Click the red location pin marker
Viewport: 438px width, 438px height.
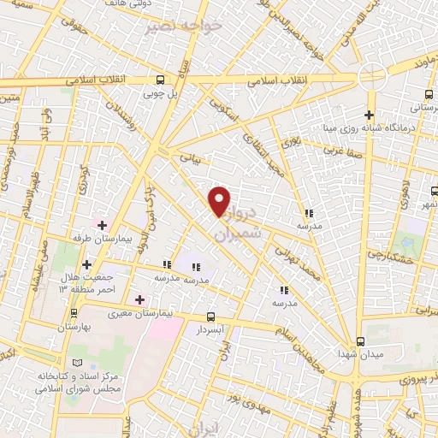click(220, 201)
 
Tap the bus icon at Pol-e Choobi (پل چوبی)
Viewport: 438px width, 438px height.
click(160, 80)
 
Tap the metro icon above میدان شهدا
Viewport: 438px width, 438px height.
click(359, 340)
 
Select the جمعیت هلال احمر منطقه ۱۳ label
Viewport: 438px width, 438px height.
click(82, 284)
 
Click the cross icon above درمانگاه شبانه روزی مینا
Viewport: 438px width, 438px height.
click(369, 115)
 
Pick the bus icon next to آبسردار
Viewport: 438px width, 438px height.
click(210, 316)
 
